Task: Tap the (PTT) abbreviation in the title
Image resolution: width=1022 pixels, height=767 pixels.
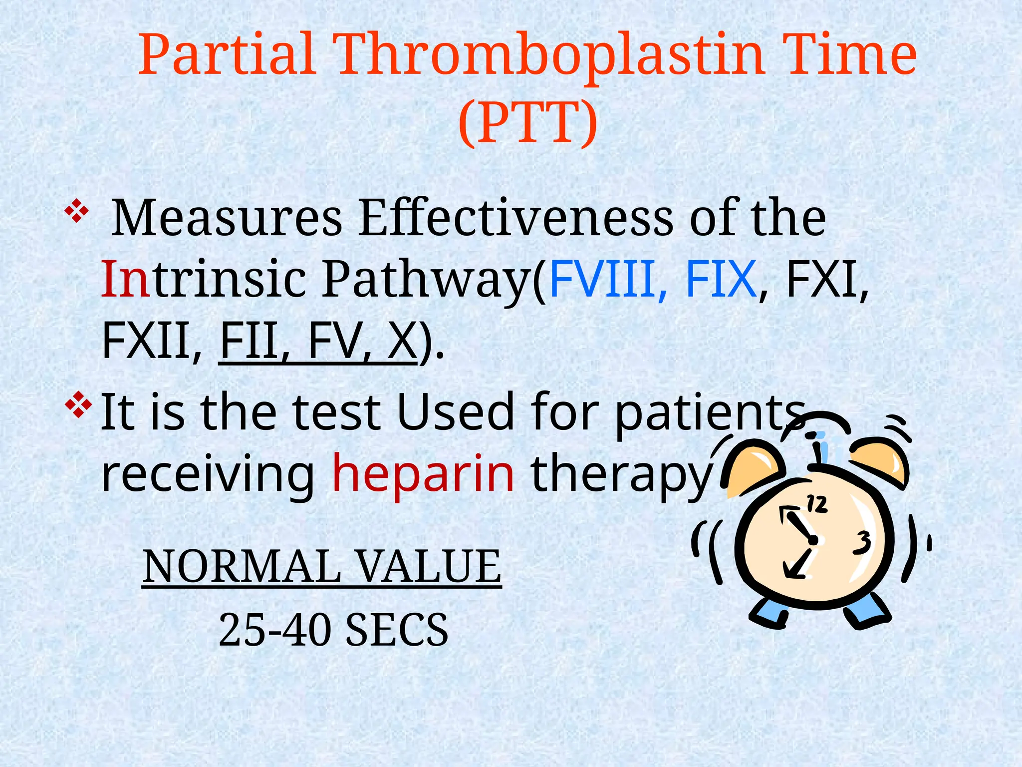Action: pyautogui.click(x=527, y=122)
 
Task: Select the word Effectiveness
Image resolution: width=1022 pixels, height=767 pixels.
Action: pyautogui.click(x=515, y=218)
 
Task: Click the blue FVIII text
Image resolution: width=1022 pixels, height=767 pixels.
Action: pyautogui.click(x=601, y=279)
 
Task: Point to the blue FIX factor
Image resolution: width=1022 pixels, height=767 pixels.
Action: pyautogui.click(x=721, y=279)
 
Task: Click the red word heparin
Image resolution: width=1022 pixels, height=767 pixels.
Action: pyautogui.click(x=423, y=473)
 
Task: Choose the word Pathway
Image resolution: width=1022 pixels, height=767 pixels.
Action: pyautogui.click(x=426, y=279)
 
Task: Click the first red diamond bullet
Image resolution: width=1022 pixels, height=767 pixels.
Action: pyautogui.click(x=76, y=212)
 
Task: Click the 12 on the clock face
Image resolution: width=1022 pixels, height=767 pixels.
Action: pyautogui.click(x=817, y=504)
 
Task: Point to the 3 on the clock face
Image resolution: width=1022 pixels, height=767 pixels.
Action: pyautogui.click(x=862, y=543)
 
